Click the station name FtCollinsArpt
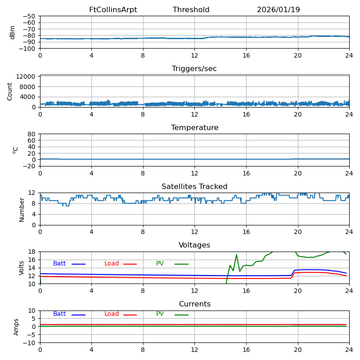(x=113, y=10)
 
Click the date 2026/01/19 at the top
(x=278, y=10)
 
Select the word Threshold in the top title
(x=191, y=10)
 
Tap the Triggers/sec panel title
(x=194, y=69)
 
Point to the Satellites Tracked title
(x=194, y=187)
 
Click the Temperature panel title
(x=194, y=128)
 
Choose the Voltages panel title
(x=194, y=245)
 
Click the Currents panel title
(x=194, y=304)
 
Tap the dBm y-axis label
(x=12, y=32)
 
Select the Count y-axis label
(x=10, y=91)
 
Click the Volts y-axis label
(x=22, y=268)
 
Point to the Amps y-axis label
(x=16, y=327)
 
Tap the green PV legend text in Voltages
(x=160, y=264)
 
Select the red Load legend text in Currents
(x=112, y=314)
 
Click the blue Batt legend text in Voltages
(x=59, y=264)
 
